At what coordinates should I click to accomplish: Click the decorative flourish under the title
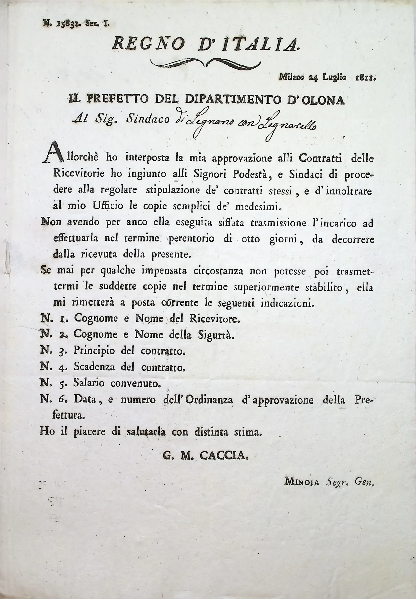click(x=206, y=63)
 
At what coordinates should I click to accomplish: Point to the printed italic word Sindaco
click(x=148, y=119)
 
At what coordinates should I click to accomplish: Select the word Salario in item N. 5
click(x=89, y=383)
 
